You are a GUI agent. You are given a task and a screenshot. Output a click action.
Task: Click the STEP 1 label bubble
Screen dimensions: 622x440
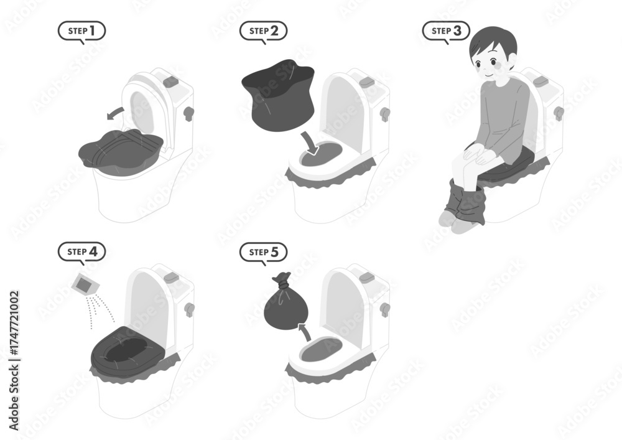[81, 31]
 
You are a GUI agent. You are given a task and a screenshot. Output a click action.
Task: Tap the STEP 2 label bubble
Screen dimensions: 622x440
[263, 31]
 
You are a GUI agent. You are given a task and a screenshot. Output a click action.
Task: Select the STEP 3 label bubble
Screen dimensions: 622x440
[446, 31]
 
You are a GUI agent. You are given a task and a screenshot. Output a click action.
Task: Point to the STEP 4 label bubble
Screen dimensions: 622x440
[81, 252]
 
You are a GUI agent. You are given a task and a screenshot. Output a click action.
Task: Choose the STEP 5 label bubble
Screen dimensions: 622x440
[263, 252]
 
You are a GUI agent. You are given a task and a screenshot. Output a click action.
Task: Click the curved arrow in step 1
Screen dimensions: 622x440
[115, 112]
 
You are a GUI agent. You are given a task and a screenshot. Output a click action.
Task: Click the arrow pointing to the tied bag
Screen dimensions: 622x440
[305, 332]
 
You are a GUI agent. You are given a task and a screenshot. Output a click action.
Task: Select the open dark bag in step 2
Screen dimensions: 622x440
[279, 95]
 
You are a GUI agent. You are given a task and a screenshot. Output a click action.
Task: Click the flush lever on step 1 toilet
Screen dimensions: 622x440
[188, 113]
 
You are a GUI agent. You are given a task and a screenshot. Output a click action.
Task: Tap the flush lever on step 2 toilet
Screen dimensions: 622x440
[385, 114]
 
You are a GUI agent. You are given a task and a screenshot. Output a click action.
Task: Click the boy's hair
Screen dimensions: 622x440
[494, 43]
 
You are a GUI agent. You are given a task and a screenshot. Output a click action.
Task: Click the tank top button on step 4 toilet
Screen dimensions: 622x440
[172, 276]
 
